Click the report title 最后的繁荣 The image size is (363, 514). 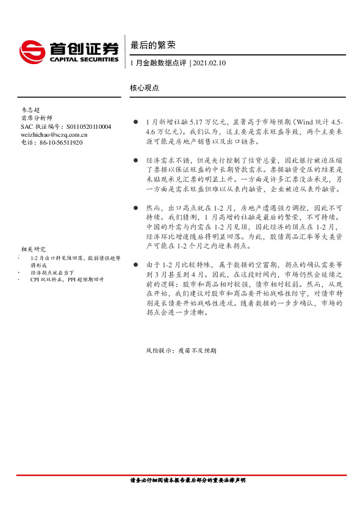[x=148, y=45]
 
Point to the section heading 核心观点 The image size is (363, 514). [x=145, y=87]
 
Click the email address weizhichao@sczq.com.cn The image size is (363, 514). [x=54, y=134]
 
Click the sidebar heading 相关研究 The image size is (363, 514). [x=33, y=249]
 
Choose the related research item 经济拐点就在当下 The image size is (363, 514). [x=51, y=273]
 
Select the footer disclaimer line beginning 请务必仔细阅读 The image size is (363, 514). [x=188, y=481]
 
